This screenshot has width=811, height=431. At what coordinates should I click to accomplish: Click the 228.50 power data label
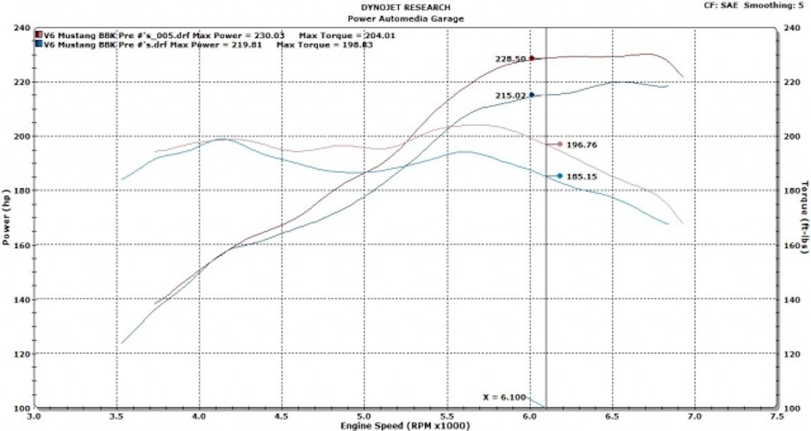tap(510, 59)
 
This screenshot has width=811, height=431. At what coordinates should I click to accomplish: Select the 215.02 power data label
tap(510, 95)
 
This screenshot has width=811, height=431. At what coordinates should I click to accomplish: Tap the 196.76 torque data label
tap(581, 145)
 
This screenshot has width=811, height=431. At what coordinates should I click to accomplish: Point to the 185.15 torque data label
tap(581, 176)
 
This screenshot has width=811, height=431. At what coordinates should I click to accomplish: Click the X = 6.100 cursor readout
tap(504, 397)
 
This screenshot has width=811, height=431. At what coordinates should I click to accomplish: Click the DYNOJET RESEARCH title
tap(405, 7)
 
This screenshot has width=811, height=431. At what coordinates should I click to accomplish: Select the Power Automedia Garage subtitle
tap(405, 18)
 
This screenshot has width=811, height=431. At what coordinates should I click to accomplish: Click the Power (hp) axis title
tap(6, 218)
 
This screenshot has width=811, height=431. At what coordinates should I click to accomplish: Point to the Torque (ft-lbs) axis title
tap(804, 218)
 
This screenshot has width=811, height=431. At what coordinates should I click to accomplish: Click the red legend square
tap(39, 34)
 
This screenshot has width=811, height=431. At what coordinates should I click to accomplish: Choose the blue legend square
tap(39, 45)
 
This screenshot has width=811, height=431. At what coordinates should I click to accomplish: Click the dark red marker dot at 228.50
tap(531, 58)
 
